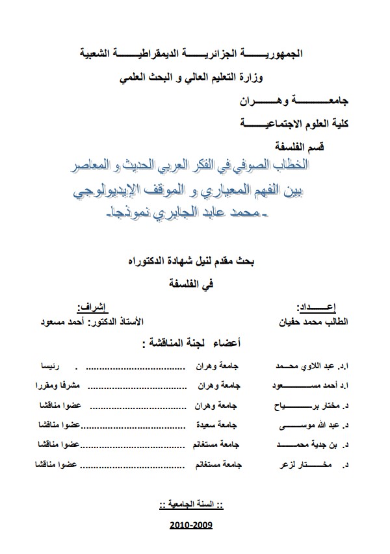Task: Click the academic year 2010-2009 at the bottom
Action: [190, 524]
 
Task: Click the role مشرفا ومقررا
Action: [37, 386]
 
